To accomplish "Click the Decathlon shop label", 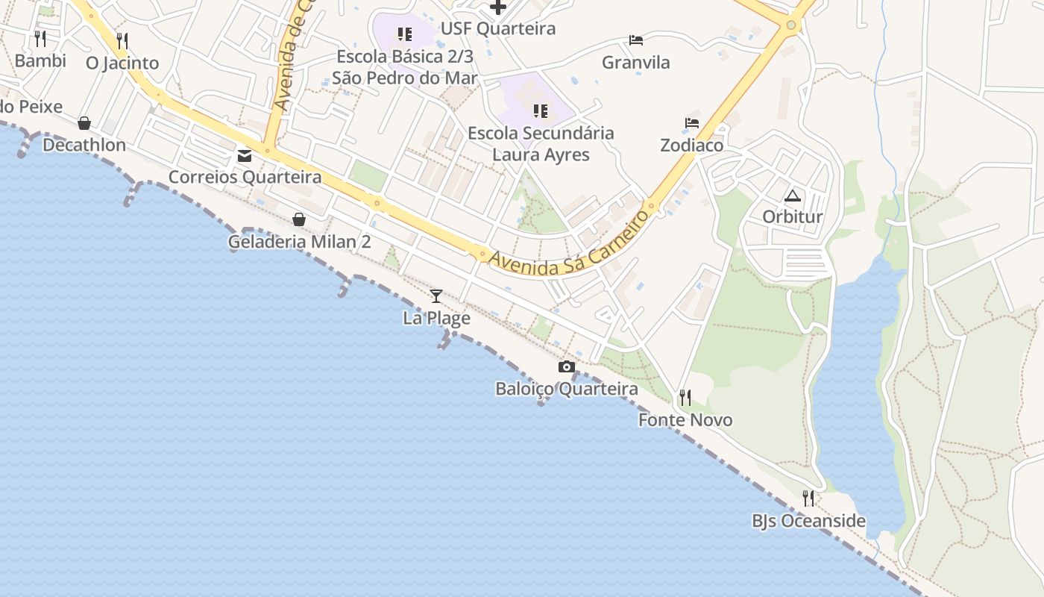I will [84, 145].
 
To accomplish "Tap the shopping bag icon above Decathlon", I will [84, 123].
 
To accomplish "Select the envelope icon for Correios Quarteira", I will [245, 155].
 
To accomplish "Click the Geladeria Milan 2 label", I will [299, 242].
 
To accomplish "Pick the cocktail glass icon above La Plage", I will [436, 296].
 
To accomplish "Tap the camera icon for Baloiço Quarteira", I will [567, 366].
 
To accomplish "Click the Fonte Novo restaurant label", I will [685, 420].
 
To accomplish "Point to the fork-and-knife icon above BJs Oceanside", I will [808, 498].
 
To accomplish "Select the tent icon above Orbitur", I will [792, 196].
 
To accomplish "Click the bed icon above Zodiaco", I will [692, 123].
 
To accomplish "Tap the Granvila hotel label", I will [636, 63].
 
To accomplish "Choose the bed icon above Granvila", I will [636, 40].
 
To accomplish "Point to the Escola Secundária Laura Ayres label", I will [541, 144].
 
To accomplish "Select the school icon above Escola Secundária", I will [541, 111].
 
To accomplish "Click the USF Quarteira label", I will [498, 29].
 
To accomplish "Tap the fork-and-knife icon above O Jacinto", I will [122, 40].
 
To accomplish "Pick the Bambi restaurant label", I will [40, 61].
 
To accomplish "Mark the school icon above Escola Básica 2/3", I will [405, 34].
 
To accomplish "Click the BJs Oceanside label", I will [808, 521].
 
